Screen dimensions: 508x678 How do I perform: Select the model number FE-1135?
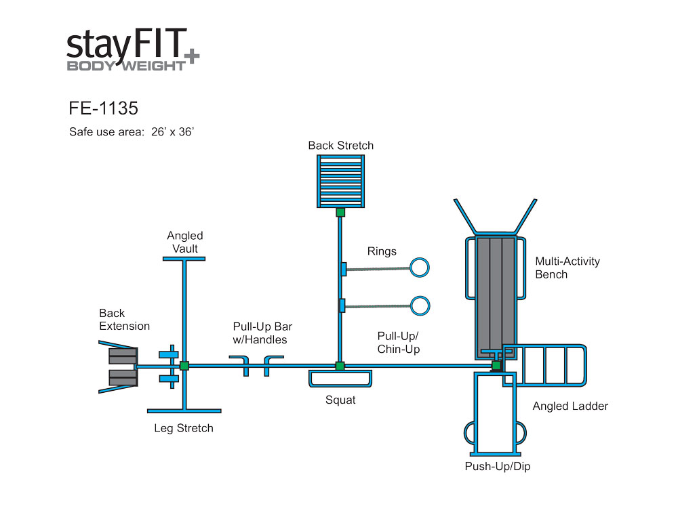(x=103, y=108)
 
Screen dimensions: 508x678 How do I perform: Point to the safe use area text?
(x=132, y=132)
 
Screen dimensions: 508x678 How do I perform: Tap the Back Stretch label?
(x=340, y=146)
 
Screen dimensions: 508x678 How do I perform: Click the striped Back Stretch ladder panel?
(x=340, y=181)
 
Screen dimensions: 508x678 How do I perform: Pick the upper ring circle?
(x=420, y=268)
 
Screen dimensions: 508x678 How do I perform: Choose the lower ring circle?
(x=420, y=305)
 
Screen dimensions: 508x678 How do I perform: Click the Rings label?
(x=382, y=252)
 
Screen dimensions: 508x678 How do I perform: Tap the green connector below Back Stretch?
(x=340, y=212)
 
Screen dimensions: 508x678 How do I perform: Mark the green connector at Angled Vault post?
(x=184, y=366)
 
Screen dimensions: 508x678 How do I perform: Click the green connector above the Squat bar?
(x=340, y=366)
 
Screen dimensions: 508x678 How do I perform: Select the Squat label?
(x=340, y=400)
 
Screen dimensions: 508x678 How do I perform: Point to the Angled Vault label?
(x=185, y=242)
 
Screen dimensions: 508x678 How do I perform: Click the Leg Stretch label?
(x=184, y=428)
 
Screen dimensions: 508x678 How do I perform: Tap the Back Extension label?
(x=124, y=320)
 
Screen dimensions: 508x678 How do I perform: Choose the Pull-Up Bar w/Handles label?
(x=262, y=333)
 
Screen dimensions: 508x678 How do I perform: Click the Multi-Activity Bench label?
(x=567, y=268)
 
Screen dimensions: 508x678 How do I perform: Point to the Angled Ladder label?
(x=570, y=406)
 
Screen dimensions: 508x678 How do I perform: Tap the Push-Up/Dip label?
(x=498, y=467)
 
